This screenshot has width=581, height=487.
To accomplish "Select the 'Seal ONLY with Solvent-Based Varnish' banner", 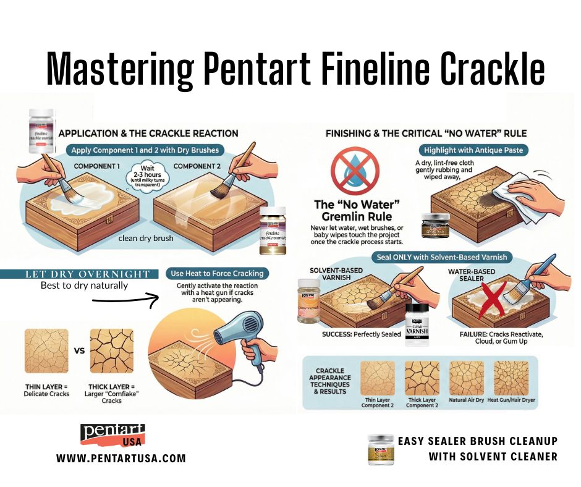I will pyautogui.click(x=439, y=256).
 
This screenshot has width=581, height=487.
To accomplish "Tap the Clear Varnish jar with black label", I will pyautogui.click(x=416, y=324).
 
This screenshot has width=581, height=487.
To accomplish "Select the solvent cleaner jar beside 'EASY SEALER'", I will pyautogui.click(x=381, y=449).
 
